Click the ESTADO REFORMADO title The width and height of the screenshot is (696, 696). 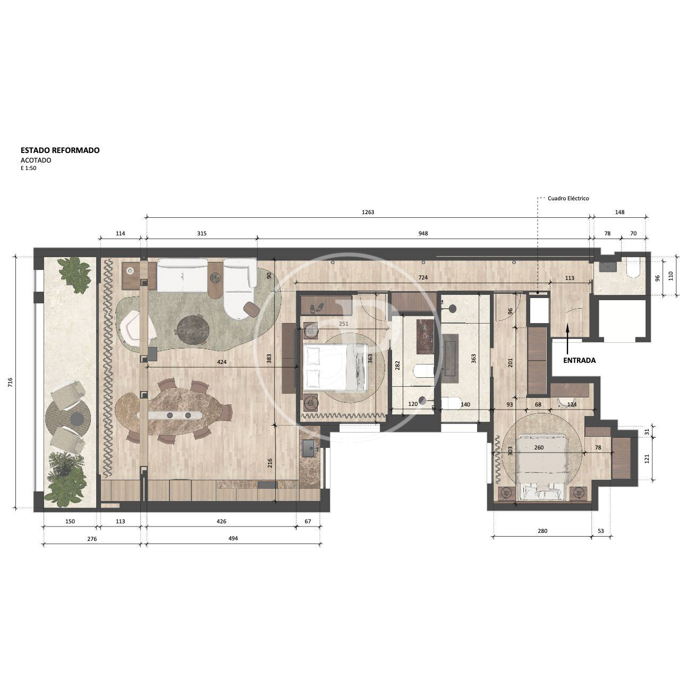pos(60,150)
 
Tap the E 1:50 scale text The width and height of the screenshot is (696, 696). pos(29,168)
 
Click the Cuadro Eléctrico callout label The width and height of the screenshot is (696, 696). pos(568,198)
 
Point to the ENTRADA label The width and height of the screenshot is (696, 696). pos(579,360)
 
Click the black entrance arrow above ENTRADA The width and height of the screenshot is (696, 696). pos(567,339)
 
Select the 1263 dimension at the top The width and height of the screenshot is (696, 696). pos(368,212)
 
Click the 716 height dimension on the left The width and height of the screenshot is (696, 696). pos(10,382)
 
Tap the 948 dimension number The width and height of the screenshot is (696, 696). pos(423,233)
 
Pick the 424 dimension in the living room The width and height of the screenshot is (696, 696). pos(222,362)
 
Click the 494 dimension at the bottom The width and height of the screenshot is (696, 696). pos(233,539)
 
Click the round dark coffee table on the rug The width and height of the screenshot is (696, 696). pos(193,329)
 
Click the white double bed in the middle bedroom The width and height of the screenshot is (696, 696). pos(335,367)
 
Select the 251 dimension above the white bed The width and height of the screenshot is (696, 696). pos(344,324)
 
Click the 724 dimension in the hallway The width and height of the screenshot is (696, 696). pos(423,277)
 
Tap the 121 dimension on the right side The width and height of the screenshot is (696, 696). pos(647,459)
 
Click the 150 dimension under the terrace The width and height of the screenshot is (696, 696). pos(70,522)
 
